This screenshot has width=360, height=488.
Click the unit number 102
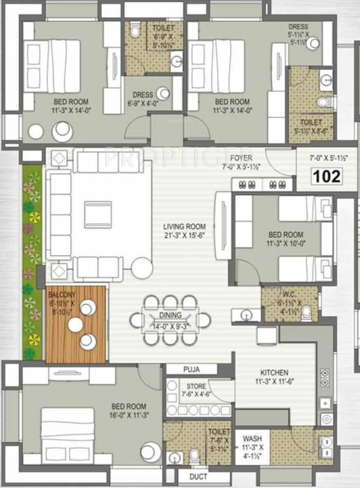coord(327,175)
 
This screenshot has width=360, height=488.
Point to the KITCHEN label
coord(275,372)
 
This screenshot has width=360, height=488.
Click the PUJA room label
coord(191,369)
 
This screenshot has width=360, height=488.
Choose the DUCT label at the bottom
coord(199,476)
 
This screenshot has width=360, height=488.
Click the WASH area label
coord(252,438)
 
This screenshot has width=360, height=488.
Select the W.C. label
coord(289,295)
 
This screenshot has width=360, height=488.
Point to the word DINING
coord(171,315)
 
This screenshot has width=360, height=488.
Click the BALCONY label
coord(62,294)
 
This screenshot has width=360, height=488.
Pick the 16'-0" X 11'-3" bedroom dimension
coord(128,416)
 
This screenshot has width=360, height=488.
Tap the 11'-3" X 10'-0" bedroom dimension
coord(286,243)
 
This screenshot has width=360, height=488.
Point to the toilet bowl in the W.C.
coord(307,313)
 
